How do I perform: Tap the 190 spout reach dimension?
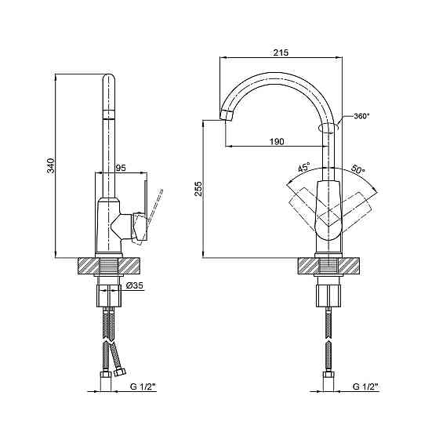coord(276,141)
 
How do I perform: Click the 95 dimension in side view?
coord(121,168)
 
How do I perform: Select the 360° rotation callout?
coord(361,116)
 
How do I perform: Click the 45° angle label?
coord(303,167)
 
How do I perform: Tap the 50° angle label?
coord(358,169)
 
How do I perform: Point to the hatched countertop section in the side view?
coord(110,265)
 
